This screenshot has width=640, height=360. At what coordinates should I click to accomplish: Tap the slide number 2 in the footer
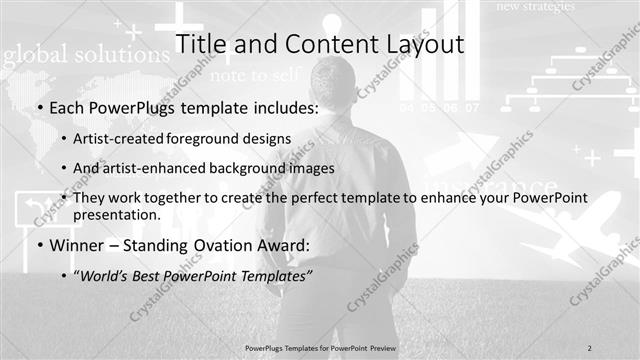pyautogui.click(x=590, y=347)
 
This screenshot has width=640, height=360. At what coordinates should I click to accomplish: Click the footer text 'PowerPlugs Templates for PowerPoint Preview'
pyautogui.click(x=319, y=347)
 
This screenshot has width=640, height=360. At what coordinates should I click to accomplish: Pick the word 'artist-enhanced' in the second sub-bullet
pyautogui.click(x=151, y=168)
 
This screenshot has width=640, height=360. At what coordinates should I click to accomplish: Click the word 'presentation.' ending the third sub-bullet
pyautogui.click(x=117, y=214)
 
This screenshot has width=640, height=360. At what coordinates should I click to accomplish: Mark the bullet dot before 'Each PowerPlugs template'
pyautogui.click(x=38, y=108)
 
